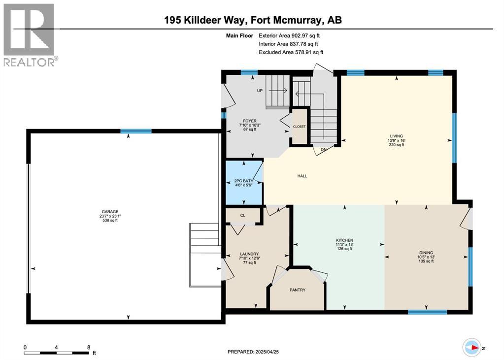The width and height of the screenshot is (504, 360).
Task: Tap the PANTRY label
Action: tap(298, 290)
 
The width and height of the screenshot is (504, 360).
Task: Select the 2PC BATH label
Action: tap(244, 181)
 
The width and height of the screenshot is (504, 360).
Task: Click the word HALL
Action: tap(302, 176)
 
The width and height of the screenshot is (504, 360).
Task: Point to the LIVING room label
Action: tap(396, 136)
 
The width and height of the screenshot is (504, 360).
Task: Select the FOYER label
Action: tap(249, 121)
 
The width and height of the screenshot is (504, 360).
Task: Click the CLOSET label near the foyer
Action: tap(300, 127)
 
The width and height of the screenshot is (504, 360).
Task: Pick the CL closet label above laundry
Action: tap(242, 215)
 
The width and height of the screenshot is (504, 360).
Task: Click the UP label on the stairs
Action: tap(259, 91)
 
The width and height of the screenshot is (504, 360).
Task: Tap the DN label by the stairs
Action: tap(323, 150)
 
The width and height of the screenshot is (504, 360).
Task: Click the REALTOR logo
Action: tap(30, 34)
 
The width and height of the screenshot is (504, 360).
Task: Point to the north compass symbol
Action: tap(472, 347)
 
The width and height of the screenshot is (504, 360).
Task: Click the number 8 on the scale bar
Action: tap(88, 347)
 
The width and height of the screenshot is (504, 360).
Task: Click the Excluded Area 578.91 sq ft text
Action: tap(291, 52)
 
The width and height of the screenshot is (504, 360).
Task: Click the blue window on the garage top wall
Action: tap(136, 131)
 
